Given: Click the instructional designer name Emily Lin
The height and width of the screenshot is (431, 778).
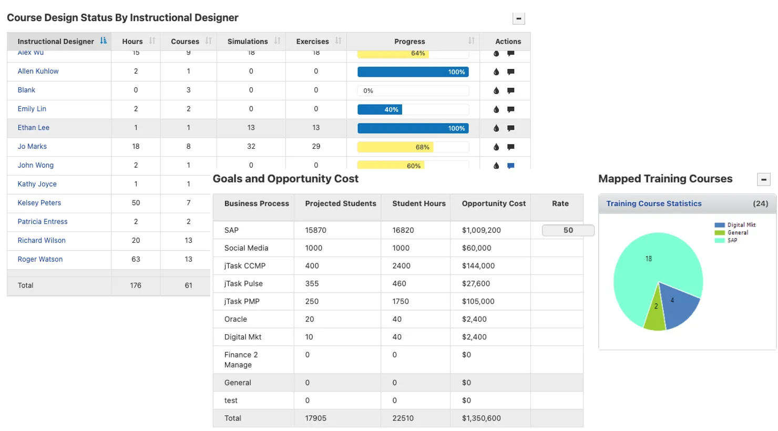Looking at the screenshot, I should (32, 109).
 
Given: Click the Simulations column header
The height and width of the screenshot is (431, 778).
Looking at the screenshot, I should (248, 42).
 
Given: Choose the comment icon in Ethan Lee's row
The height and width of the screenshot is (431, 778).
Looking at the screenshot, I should (510, 128).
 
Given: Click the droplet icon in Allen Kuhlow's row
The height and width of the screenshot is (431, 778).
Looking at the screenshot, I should (496, 72).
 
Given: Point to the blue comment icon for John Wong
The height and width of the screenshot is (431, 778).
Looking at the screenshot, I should (510, 166).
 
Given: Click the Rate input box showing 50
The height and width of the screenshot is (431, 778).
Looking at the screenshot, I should (568, 230).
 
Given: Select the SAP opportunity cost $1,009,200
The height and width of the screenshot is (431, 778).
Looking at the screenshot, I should (481, 230).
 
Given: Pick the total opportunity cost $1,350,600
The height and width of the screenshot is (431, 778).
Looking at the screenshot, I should (481, 418).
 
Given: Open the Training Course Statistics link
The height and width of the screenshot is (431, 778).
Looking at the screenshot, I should (653, 203).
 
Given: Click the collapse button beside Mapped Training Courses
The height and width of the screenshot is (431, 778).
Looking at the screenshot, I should (763, 180).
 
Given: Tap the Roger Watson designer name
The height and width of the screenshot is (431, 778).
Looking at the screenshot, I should (40, 259).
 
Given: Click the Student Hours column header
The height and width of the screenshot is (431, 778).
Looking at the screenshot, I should (418, 203).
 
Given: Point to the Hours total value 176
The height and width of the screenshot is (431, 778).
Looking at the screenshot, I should (136, 285).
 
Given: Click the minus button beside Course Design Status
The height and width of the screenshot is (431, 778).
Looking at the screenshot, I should (518, 19).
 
